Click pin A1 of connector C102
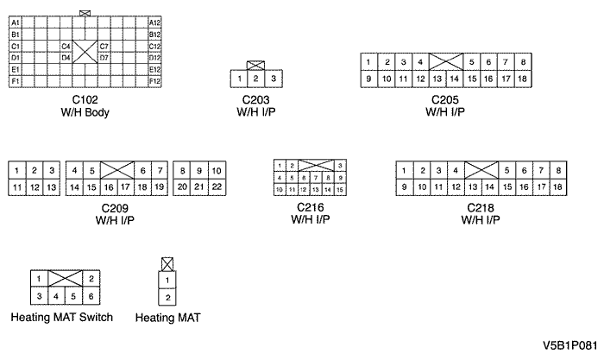click(x=16, y=22)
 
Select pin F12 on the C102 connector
click(x=155, y=80)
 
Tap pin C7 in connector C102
click(x=104, y=46)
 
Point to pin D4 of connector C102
click(x=66, y=57)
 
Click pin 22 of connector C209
click(x=217, y=186)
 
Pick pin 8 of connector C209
click(x=182, y=170)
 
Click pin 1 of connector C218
click(x=404, y=170)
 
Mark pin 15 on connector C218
click(x=506, y=186)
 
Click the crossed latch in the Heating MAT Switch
click(x=66, y=279)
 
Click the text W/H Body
click(x=85, y=111)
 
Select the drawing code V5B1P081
click(x=569, y=344)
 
